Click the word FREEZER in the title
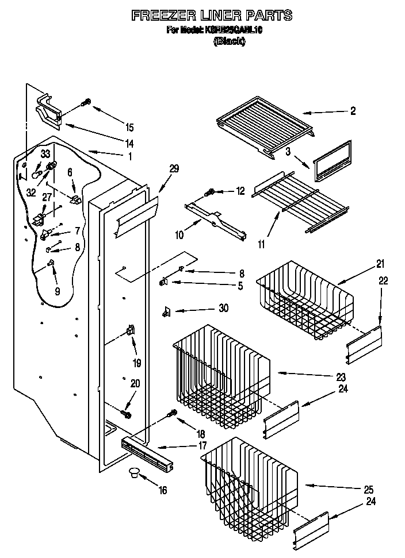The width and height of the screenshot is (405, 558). point(161,15)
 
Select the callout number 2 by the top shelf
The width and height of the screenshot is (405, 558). point(353,111)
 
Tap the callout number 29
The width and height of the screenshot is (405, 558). point(174,168)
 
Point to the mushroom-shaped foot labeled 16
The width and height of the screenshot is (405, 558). point(134,472)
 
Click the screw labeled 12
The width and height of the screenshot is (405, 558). point(211,191)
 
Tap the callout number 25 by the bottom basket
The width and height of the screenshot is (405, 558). point(368,490)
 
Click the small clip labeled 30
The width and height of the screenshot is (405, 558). point(167,311)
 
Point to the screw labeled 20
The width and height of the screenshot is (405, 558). point(126,413)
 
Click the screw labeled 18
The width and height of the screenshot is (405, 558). point(171,413)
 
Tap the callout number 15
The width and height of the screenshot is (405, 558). point(129,127)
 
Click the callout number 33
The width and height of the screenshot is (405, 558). point(45,153)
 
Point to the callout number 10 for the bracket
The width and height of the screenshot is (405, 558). point(180,235)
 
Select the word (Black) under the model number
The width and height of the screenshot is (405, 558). point(229,41)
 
